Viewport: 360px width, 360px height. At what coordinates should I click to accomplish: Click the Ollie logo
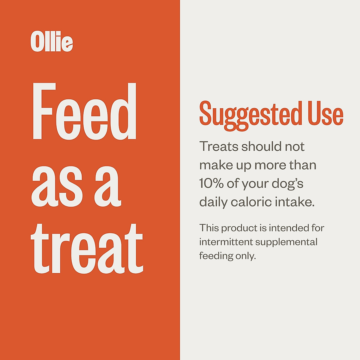pyautogui.click(x=52, y=41)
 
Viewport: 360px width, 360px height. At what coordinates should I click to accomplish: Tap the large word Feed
pyautogui.click(x=84, y=112)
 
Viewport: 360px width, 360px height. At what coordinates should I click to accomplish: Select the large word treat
pyautogui.click(x=87, y=249)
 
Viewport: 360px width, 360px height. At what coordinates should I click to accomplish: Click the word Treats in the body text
pyautogui.click(x=219, y=147)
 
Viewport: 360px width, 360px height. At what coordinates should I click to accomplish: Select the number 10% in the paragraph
pyautogui.click(x=211, y=184)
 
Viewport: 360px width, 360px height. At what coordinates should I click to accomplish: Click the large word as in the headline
pyautogui.click(x=57, y=186)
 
